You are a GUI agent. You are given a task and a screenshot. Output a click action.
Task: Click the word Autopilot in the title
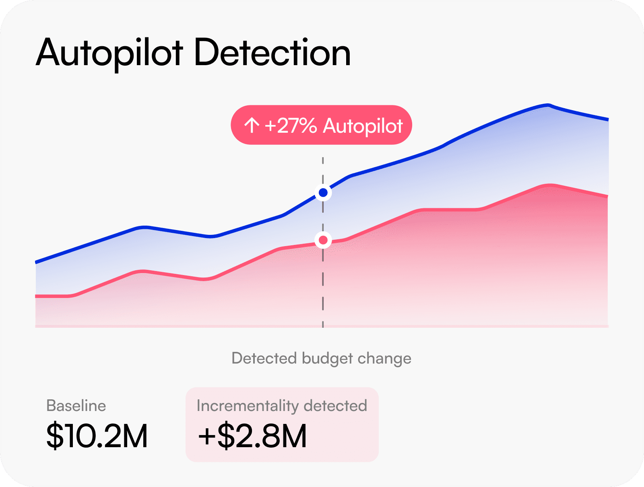coord(109,53)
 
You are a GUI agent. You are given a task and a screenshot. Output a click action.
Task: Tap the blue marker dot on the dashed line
coord(323,193)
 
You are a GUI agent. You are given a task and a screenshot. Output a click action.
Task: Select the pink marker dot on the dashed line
coord(323,240)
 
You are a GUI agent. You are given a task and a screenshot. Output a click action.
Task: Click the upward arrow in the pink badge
coord(252,125)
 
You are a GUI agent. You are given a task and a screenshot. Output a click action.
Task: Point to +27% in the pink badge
coord(291,125)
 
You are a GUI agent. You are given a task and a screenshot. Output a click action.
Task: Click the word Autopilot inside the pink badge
coord(363,125)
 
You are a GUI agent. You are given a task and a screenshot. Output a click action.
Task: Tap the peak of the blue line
coord(548,105)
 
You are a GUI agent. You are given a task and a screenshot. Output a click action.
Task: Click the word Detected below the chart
coord(264,358)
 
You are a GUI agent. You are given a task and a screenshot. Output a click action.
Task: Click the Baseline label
coord(76,405)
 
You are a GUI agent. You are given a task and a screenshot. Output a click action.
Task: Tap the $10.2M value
coord(97,436)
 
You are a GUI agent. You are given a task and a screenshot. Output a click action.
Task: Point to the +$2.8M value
coord(252,436)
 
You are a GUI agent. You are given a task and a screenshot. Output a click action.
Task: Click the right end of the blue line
coord(607,119)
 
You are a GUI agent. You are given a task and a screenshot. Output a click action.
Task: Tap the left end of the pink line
coord(37,296)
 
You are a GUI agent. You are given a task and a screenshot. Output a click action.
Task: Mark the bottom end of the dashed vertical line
coord(323,327)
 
